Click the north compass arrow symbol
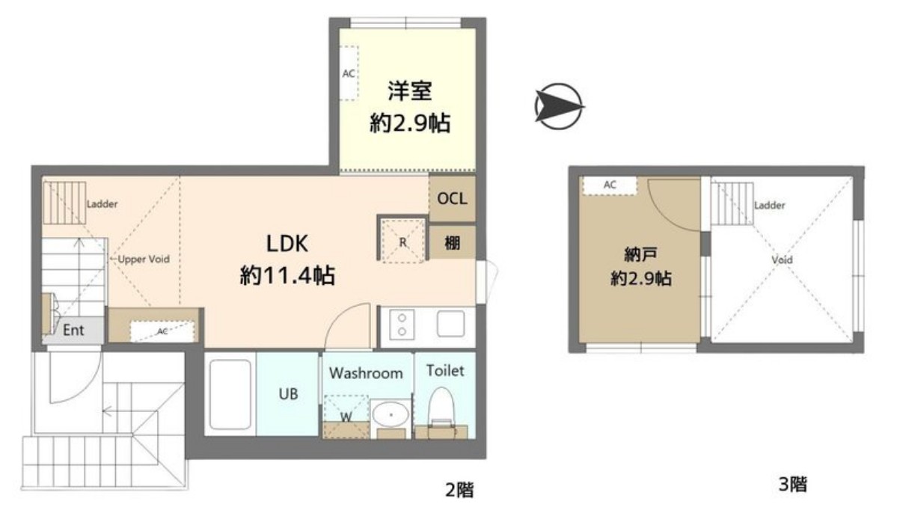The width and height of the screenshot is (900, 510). click(559, 106)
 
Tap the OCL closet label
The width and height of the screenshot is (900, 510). click(452, 199)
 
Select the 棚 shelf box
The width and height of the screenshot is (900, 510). click(453, 242)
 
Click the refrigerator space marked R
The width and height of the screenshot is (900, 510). click(402, 241)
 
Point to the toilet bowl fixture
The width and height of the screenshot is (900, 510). click(441, 410)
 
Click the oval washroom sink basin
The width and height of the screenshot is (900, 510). click(390, 414)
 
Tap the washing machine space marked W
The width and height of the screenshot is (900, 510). click(346, 417)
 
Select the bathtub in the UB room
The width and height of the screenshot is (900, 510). click(230, 394)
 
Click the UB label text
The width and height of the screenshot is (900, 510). click(289, 394)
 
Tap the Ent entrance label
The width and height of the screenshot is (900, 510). click(73, 331)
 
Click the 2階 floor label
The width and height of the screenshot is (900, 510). click(459, 490)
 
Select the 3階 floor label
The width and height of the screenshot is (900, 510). click(793, 485)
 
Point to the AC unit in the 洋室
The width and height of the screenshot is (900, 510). click(349, 73)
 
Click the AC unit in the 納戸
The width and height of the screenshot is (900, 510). click(610, 185)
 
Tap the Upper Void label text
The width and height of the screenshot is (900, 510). click(144, 259)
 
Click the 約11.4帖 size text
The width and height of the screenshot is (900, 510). click(287, 276)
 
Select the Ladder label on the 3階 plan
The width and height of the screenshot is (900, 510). click(769, 206)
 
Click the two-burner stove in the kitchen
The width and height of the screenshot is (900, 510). click(402, 325)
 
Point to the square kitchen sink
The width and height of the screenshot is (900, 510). click(451, 324)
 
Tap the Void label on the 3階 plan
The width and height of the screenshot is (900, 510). click(782, 259)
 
